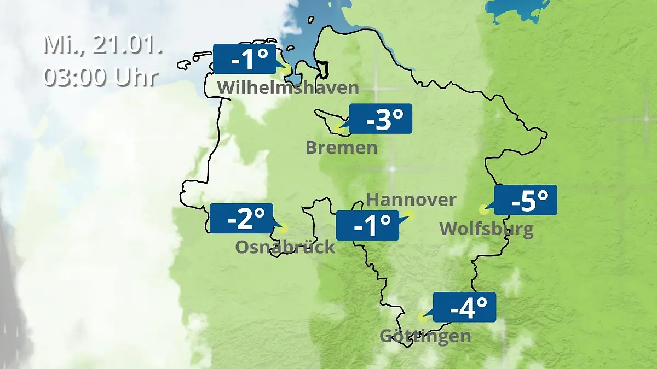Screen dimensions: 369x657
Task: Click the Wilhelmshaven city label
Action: pyautogui.click(x=288, y=88)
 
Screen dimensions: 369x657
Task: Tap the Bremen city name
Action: pyautogui.click(x=341, y=148)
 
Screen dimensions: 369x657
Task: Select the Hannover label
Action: pyautogui.click(x=411, y=200)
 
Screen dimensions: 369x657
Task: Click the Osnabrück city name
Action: pyautogui.click(x=285, y=247)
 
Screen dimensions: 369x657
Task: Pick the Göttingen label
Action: pyautogui.click(x=425, y=336)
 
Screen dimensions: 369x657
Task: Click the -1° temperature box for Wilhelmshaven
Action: pyautogui.click(x=244, y=59)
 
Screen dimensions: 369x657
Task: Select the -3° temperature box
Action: pyautogui.click(x=381, y=119)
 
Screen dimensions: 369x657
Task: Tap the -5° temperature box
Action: pyautogui.click(x=526, y=200)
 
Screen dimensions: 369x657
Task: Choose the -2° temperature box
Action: pyautogui.click(x=241, y=218)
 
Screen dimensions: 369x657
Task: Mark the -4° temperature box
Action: pyautogui.click(x=464, y=307)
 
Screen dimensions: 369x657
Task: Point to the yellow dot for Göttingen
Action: pyautogui.click(x=422, y=317)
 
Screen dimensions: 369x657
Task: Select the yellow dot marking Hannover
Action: pyautogui.click(x=408, y=215)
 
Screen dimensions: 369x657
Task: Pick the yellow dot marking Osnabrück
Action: pyautogui.click(x=282, y=229)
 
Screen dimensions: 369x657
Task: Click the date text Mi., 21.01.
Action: pyautogui.click(x=103, y=45)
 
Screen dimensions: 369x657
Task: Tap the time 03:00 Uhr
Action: pyautogui.click(x=101, y=77)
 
